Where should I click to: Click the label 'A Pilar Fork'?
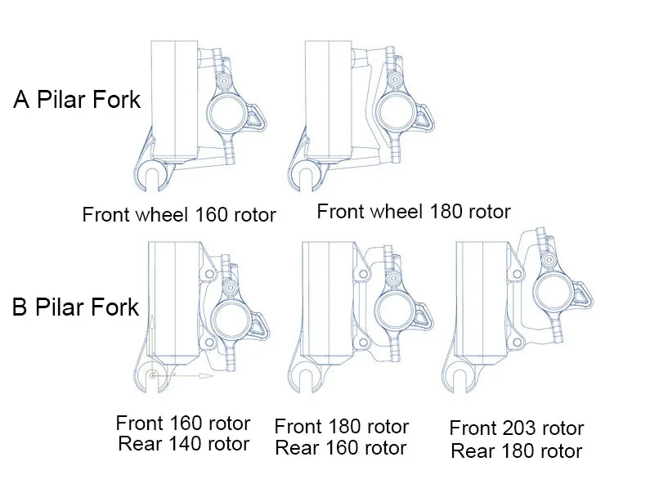pos(78,101)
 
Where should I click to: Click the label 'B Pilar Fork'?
pos(76,309)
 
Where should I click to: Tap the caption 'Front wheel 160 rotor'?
pos(179,215)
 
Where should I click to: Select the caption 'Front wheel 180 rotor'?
pos(414,212)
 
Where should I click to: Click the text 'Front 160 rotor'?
pos(183,424)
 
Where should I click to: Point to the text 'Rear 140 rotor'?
pos(183,444)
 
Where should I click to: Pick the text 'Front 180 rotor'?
pos(342,427)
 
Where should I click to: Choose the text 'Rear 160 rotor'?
pos(341,448)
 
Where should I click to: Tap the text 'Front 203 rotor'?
pos(517,428)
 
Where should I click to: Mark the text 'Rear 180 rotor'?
pos(517,450)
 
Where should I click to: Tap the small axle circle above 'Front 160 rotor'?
pos(153,375)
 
